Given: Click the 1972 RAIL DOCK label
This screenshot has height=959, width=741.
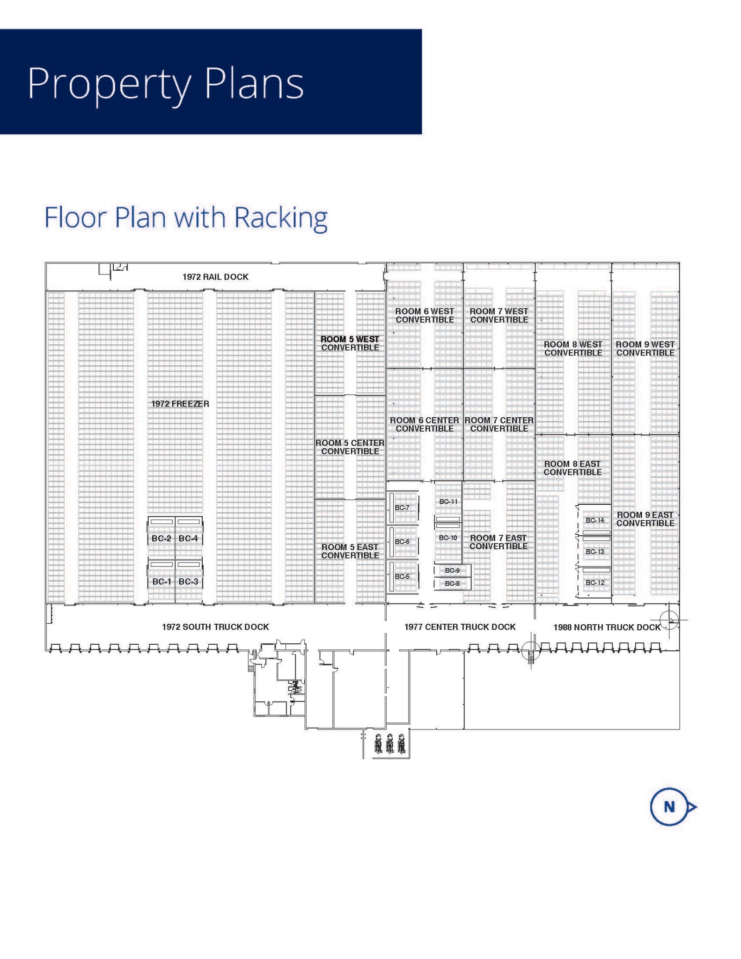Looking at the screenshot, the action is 215,277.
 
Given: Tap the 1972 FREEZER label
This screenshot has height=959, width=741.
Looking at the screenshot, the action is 180,404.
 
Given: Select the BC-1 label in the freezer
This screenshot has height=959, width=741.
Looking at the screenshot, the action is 161,582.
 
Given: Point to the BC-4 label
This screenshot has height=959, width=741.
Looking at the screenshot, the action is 188,539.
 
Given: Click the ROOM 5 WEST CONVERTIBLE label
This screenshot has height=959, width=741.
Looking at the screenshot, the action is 350,343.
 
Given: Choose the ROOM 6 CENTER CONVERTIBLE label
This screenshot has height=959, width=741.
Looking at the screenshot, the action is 425,425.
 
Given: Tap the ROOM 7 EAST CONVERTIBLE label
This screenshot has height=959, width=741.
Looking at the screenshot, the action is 499,542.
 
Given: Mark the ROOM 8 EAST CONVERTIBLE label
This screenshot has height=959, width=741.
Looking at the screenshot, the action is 572,468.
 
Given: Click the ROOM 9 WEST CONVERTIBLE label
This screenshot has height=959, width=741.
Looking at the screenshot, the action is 645,348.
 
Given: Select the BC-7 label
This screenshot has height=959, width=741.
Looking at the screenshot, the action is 402,508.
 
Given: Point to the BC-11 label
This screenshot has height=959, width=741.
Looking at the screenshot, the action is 448,502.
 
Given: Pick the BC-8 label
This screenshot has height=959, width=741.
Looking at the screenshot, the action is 452,583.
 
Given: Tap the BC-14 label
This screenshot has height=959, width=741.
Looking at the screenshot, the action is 595,520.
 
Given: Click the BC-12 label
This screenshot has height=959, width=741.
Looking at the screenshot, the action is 595,583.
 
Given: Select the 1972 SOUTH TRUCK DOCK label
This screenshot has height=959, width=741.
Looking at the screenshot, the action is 215,627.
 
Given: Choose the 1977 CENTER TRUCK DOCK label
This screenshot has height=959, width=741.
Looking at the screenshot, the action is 460,627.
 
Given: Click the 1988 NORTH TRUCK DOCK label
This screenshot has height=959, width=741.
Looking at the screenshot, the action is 607,627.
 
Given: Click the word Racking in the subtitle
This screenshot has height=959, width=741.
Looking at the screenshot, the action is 281,218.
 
